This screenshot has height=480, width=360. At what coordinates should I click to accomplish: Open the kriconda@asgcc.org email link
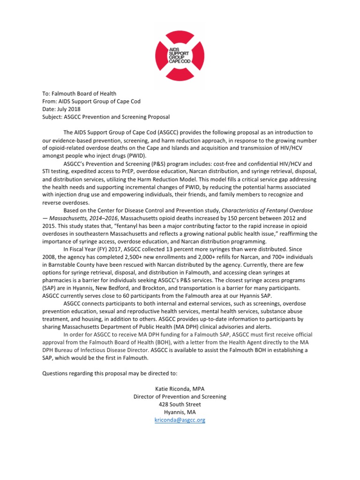[180, 420]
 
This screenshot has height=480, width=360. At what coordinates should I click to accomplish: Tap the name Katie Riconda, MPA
[180, 389]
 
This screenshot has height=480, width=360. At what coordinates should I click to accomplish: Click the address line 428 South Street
[180, 404]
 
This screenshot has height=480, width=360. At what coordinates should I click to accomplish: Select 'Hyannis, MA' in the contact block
[180, 412]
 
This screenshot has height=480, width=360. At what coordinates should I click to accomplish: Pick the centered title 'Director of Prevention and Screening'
[180, 397]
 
